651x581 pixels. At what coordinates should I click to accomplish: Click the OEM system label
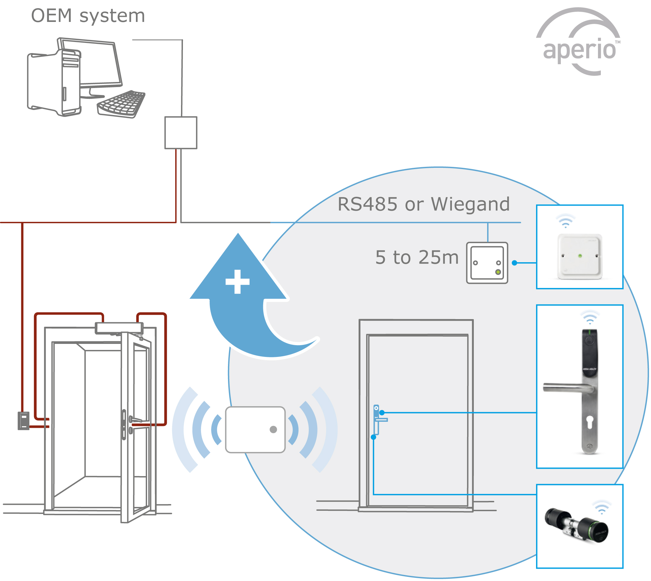click(88, 16)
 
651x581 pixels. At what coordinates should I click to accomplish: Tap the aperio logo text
click(579, 50)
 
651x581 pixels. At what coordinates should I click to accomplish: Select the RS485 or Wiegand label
click(424, 204)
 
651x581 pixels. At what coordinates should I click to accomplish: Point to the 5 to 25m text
click(417, 257)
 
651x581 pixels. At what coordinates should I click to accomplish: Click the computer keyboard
click(121, 104)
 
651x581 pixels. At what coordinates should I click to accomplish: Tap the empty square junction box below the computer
click(181, 133)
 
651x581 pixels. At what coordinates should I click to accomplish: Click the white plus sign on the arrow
click(238, 282)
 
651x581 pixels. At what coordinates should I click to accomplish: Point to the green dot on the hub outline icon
click(498, 272)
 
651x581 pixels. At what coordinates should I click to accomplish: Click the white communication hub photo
click(580, 257)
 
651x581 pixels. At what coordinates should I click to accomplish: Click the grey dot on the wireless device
click(273, 430)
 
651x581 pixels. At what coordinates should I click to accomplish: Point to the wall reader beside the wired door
click(23, 421)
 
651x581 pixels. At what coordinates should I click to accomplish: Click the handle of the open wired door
click(136, 420)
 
